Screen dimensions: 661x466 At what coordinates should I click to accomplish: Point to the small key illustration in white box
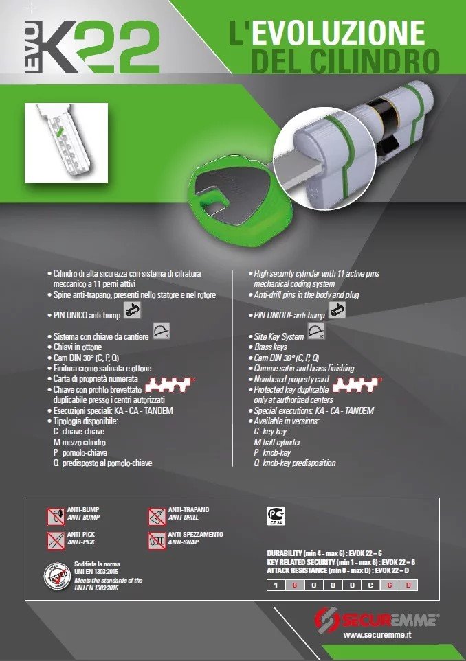[64, 141]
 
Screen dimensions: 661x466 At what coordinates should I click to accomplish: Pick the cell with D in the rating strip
[408, 585]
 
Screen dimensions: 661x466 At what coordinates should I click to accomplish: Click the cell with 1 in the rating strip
[275, 585]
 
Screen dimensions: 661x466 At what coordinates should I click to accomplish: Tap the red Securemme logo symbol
[326, 621]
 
